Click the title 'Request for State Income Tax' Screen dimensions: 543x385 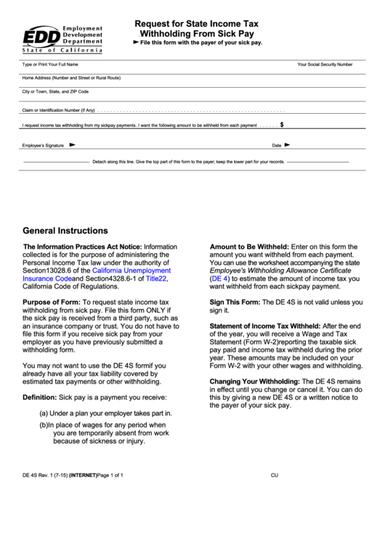196,23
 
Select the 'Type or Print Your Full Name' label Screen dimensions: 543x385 49,65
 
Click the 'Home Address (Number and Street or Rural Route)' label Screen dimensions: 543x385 71,77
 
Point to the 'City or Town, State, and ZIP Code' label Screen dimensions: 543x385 55,92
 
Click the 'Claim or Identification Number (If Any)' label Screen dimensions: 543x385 59,110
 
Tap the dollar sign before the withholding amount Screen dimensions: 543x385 281,125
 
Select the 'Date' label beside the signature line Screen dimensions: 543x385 277,145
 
